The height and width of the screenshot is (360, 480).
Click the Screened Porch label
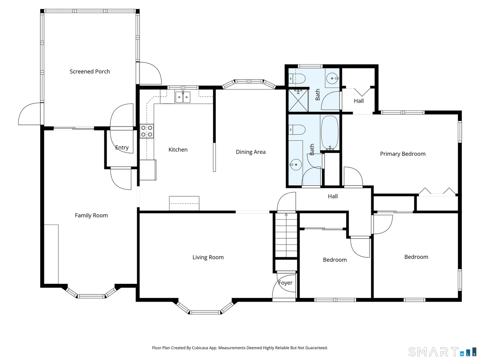90,71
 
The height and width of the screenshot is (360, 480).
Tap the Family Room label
91,215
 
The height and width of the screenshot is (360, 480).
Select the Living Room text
208,257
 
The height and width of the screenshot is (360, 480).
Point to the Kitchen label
178,149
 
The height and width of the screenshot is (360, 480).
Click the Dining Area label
250,152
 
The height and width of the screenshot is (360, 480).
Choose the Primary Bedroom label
402,154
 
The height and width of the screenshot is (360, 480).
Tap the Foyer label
285,283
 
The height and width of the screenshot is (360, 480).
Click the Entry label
122,148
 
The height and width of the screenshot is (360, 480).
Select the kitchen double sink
183,97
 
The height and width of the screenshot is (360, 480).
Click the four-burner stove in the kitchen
147,131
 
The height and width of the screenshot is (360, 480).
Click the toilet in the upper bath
296,79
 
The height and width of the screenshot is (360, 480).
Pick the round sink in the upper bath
332,78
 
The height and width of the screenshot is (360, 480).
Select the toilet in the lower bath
297,130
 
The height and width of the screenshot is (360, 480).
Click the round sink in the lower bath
296,165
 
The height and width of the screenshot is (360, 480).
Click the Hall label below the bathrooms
333,196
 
